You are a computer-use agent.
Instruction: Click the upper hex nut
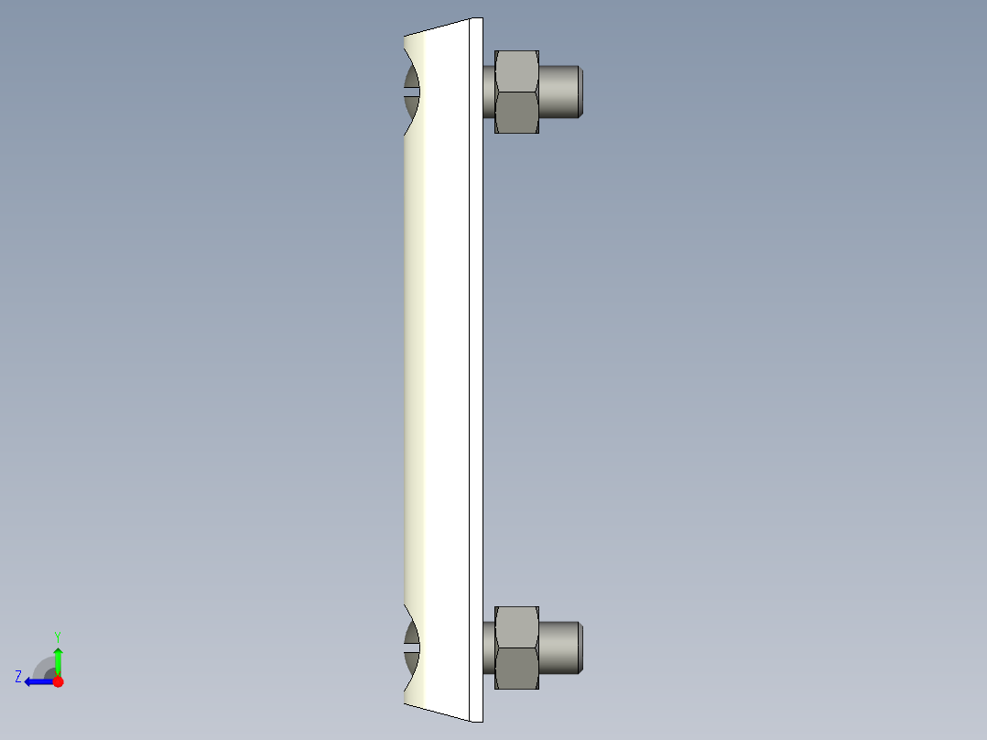coord(516,92)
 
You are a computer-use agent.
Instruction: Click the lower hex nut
coord(516,647)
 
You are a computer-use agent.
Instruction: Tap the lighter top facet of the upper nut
coord(516,71)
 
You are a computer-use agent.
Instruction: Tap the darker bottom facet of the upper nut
coord(516,113)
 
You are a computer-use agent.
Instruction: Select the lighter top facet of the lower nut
coord(516,627)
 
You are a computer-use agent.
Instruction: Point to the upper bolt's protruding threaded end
coord(558,92)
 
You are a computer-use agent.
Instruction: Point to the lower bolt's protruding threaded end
coord(558,647)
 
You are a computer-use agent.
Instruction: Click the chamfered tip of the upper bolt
coord(580,92)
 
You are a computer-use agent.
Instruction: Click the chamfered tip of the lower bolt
coord(580,647)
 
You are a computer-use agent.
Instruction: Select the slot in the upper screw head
coord(411,92)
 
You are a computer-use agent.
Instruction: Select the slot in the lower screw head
coord(411,647)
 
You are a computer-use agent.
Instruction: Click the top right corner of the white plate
coord(481,19)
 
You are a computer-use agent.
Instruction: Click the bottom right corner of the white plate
coord(481,720)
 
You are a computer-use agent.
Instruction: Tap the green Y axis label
coord(57,636)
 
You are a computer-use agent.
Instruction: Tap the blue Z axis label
coord(18,677)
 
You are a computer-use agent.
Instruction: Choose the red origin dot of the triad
coord(58,681)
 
